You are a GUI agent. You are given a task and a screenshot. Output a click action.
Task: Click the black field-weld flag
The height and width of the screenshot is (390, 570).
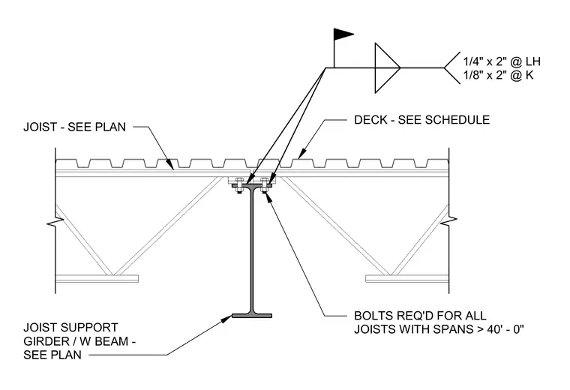343,34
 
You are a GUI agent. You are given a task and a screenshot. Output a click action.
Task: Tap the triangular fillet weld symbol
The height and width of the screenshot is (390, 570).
387,68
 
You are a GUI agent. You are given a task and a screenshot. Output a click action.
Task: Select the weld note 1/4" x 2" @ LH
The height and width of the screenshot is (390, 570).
502,61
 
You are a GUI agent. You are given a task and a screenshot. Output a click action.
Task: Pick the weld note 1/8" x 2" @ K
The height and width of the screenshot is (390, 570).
499,75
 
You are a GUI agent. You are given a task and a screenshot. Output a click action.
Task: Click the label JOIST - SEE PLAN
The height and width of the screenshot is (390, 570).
74,127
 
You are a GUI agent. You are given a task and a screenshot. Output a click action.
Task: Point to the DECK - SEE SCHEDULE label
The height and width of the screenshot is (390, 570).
422,120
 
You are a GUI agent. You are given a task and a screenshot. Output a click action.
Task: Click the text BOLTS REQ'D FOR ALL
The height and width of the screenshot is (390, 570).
420,315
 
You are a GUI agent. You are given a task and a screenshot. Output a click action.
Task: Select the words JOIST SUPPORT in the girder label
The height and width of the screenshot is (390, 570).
71,328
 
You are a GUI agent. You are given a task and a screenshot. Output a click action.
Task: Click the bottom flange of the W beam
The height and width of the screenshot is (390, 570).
252,316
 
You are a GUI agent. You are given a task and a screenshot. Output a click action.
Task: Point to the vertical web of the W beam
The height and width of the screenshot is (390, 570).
252,250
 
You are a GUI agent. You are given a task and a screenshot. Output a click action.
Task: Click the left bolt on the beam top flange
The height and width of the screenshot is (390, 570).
239,185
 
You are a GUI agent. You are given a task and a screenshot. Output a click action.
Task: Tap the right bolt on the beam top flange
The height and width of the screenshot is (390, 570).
264,185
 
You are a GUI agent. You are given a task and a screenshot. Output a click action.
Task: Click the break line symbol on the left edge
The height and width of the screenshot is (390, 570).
55,221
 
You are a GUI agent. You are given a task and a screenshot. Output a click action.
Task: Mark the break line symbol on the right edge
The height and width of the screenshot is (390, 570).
449,220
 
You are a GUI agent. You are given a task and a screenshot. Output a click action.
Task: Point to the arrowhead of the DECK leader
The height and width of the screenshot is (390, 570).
301,154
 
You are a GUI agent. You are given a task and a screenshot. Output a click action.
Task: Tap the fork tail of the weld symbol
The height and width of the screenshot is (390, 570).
451,68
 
